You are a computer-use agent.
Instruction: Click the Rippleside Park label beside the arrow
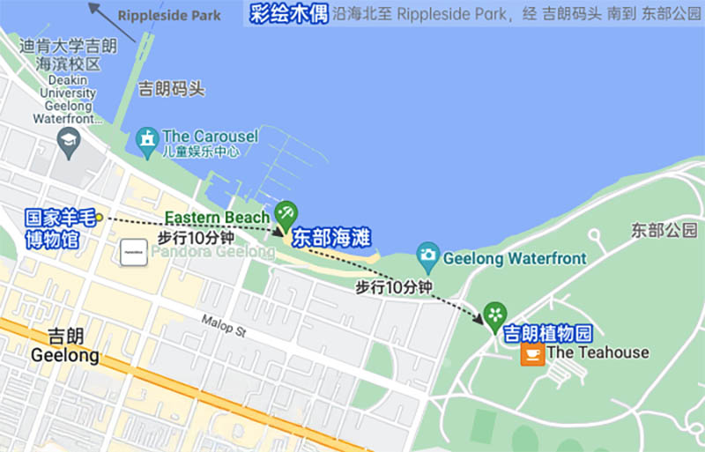click(168, 16)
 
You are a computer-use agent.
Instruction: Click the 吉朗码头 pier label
click(172, 89)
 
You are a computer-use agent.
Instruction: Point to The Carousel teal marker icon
click(146, 138)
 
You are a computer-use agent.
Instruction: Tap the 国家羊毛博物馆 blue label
click(59, 227)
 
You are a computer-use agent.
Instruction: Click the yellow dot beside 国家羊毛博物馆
click(100, 217)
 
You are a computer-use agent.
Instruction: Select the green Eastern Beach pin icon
click(286, 213)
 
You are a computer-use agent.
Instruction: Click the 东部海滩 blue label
click(330, 238)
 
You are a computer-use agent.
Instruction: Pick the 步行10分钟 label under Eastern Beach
click(196, 238)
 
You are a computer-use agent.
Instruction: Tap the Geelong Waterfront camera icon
click(428, 256)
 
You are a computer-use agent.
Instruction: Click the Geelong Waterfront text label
click(514, 259)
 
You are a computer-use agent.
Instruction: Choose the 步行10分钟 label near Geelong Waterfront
click(393, 287)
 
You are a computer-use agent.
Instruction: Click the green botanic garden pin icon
click(495, 314)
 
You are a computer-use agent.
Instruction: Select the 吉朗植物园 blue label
click(546, 334)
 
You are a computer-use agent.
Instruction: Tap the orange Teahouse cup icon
click(531, 353)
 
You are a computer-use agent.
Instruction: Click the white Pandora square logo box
click(134, 252)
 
